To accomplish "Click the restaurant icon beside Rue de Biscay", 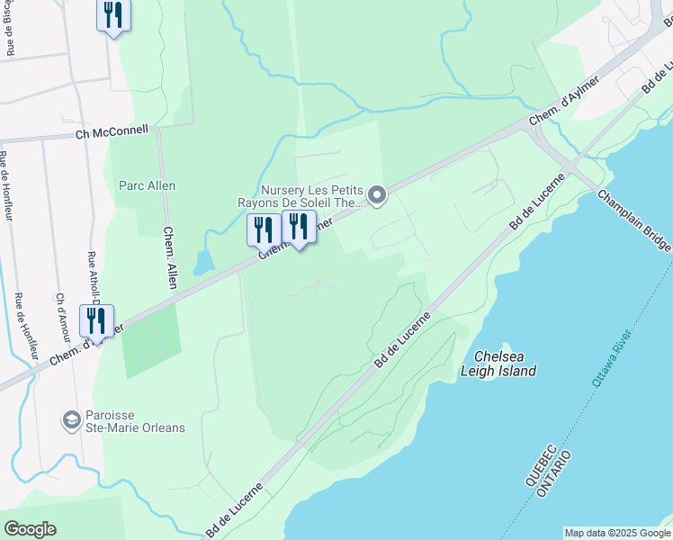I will click(113, 15).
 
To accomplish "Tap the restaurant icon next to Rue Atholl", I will click(94, 320).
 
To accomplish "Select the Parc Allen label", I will click(148, 185).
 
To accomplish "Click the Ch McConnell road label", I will click(112, 134).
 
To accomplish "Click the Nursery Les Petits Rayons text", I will click(311, 196).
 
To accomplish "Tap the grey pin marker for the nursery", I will click(379, 194).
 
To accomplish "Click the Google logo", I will click(30, 529).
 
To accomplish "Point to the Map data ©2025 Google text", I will click(616, 533).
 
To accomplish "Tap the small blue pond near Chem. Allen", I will click(204, 261).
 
